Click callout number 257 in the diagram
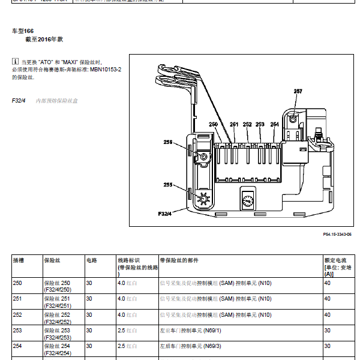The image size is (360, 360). pos(298,91)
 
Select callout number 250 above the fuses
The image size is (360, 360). pos(213,125)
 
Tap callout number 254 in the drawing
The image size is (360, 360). pos(275,125)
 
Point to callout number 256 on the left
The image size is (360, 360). pos(168,142)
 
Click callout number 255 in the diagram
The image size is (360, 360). pos(168,185)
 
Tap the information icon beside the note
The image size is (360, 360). pos(15,62)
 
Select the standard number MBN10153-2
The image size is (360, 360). pos(106,70)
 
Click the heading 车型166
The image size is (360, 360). pos(23,30)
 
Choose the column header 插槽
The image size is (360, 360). pos(19,260)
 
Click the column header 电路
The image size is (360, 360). pos(92,260)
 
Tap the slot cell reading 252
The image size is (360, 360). pos(17,314)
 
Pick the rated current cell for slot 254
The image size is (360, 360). pos(328,346)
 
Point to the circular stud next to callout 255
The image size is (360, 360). pos(203,199)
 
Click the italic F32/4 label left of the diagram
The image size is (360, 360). pos(19,101)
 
